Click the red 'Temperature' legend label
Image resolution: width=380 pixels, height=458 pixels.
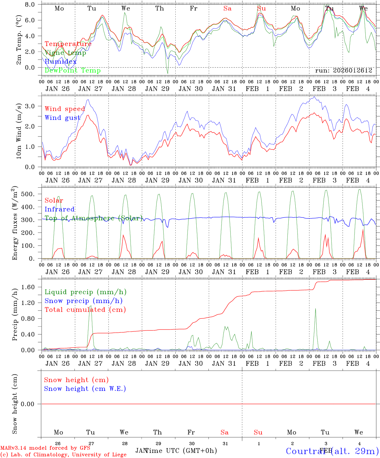(x=68, y=44)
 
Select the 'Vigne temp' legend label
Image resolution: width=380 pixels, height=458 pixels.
(x=65, y=53)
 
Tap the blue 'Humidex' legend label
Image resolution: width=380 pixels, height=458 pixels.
(x=60, y=62)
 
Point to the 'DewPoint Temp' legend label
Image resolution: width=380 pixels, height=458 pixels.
(x=73, y=70)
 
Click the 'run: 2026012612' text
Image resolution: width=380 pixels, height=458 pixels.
(x=343, y=70)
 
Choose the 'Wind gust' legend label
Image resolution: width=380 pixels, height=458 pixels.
(x=62, y=118)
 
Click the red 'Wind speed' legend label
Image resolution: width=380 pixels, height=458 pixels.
(x=65, y=109)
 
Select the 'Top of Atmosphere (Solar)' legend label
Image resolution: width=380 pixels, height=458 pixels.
(x=94, y=218)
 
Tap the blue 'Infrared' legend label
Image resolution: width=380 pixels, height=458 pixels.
(x=60, y=209)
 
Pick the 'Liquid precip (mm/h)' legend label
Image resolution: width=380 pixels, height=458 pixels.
(x=85, y=292)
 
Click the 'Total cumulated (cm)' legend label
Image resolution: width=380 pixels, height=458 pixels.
(x=85, y=309)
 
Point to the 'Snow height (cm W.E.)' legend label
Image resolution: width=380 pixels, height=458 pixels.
(x=85, y=389)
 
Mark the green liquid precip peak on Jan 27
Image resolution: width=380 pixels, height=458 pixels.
(x=91, y=306)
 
